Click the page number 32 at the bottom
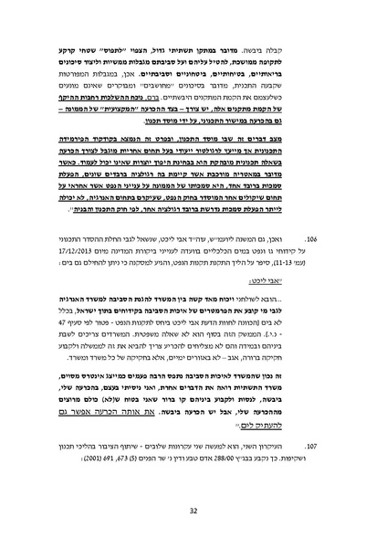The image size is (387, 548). [x=193, y=511]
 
